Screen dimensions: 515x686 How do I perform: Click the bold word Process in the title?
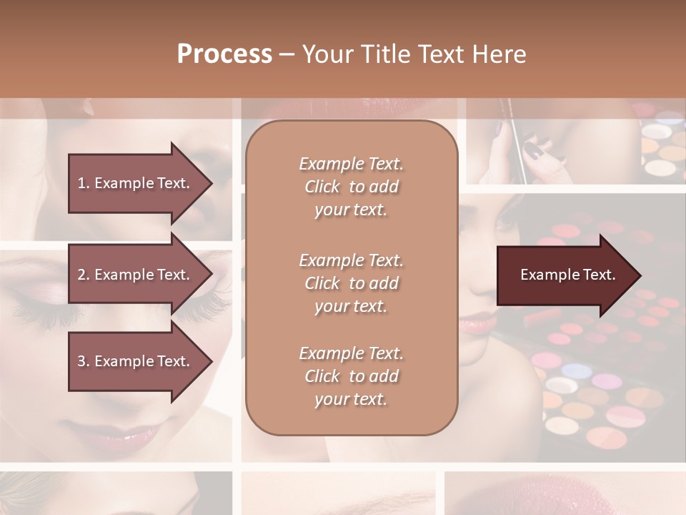tap(224, 54)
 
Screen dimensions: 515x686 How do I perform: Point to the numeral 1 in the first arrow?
tap(81, 183)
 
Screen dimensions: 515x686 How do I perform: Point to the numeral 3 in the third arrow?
tap(81, 361)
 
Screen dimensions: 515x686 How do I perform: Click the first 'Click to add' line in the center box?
tap(351, 187)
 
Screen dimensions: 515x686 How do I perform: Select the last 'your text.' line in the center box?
tap(351, 399)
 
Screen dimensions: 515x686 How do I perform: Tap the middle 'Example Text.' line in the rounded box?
tap(351, 260)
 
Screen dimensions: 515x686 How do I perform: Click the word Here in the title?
tap(499, 54)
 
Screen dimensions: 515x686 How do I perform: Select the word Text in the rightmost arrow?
tap(599, 275)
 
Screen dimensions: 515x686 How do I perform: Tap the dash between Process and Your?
tap(287, 54)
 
